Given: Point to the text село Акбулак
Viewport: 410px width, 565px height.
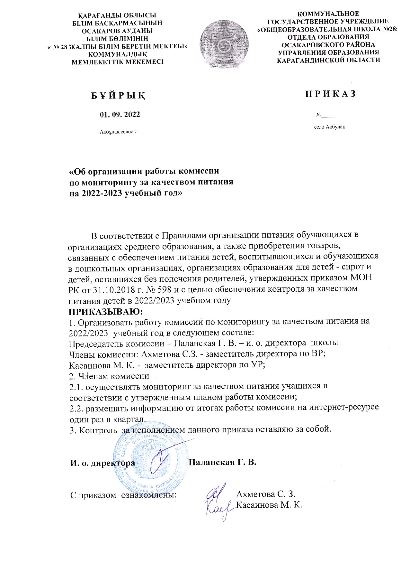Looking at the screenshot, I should point(329,127).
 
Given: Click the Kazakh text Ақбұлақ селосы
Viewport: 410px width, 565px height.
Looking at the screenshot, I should point(118,132).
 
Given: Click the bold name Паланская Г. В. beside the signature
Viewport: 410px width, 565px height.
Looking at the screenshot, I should point(222,463).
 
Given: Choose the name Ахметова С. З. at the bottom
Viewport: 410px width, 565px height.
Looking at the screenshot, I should point(266,494).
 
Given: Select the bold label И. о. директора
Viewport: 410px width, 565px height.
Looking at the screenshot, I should point(102,463).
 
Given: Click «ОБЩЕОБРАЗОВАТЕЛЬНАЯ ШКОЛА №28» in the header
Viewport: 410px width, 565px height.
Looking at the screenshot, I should point(328,29).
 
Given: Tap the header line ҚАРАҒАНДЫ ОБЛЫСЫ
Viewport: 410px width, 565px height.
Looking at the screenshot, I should point(117,15).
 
